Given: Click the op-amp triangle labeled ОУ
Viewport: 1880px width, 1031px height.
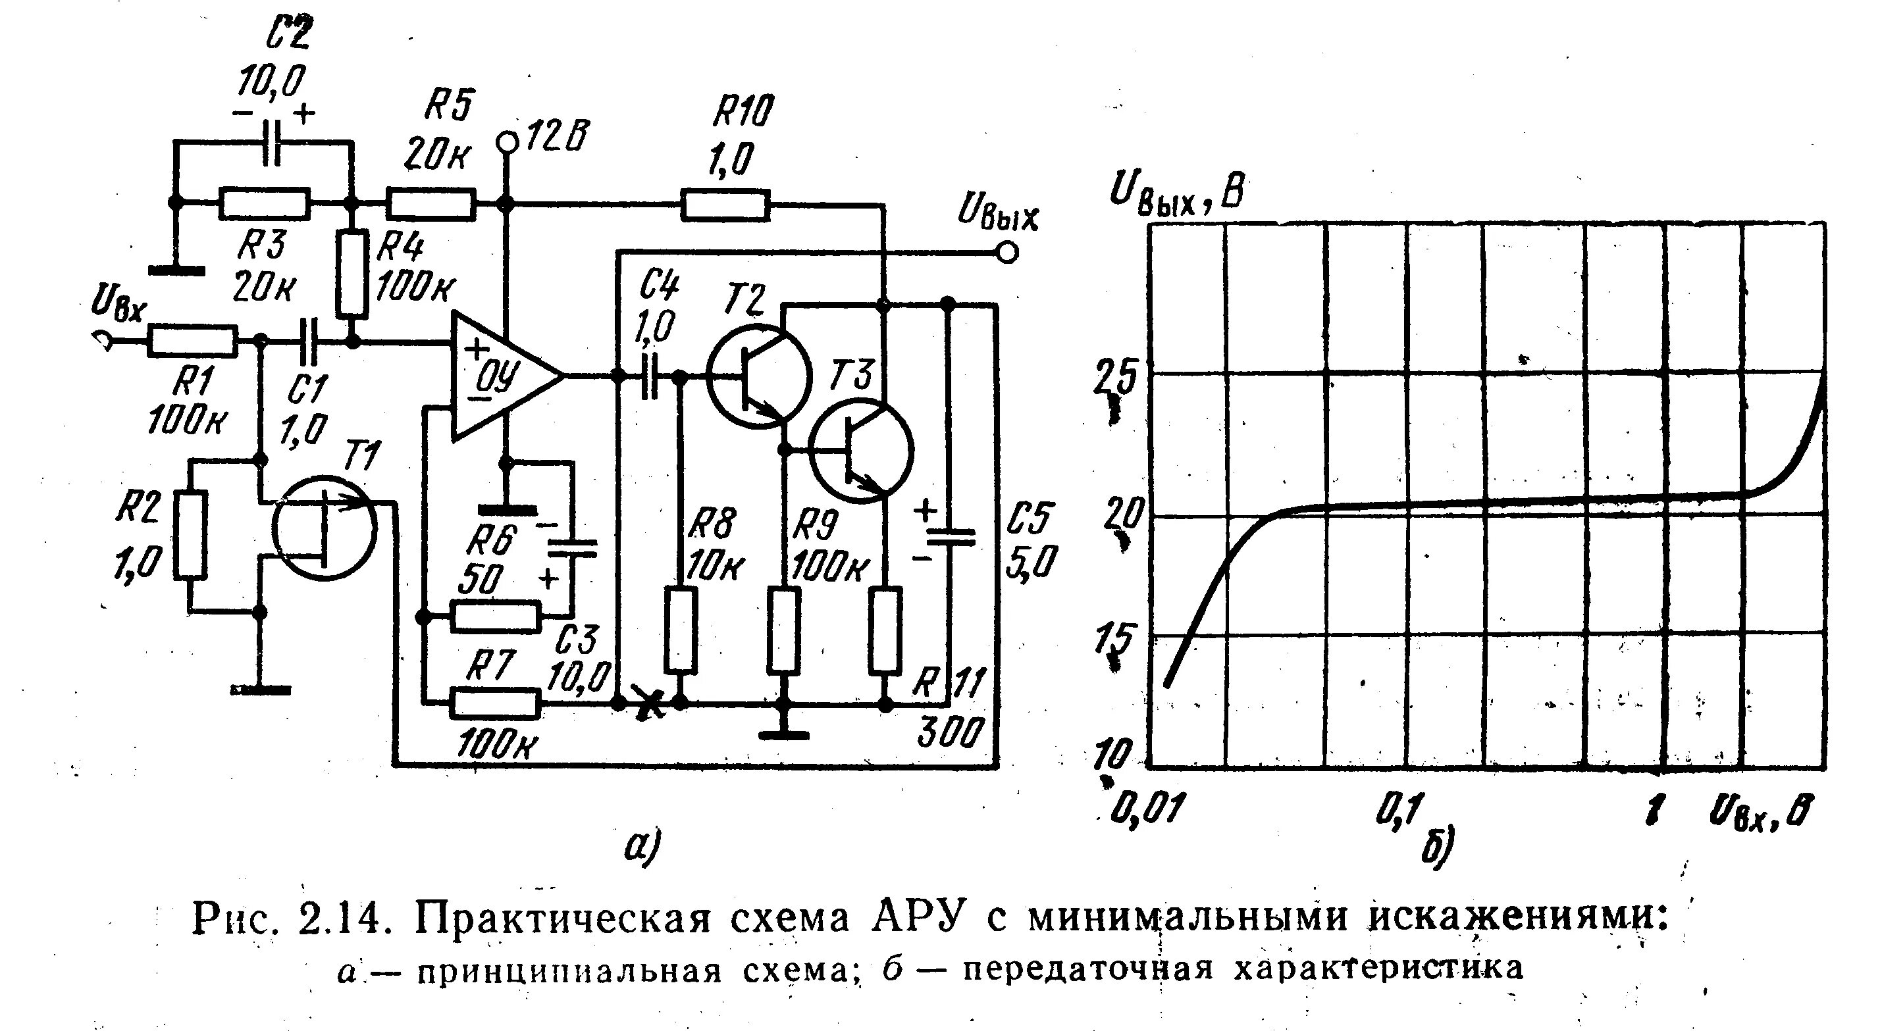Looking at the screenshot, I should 500,376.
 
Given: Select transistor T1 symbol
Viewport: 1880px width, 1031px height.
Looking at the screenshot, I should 323,527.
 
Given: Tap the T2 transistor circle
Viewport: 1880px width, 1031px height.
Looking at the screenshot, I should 758,376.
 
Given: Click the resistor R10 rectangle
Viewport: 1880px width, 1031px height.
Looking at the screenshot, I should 725,205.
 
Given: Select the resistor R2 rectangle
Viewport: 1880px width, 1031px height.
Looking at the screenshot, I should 190,536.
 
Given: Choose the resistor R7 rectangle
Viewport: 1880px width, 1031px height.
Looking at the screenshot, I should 496,704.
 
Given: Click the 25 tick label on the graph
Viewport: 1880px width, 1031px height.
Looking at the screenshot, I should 1114,378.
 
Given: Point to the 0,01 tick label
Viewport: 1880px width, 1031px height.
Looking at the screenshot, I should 1143,810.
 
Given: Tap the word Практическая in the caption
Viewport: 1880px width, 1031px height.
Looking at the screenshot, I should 563,919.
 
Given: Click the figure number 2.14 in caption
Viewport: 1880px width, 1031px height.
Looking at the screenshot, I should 340,919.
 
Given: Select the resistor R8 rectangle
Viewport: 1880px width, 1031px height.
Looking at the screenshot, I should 680,628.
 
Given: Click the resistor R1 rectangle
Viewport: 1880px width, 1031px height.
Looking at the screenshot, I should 192,341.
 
